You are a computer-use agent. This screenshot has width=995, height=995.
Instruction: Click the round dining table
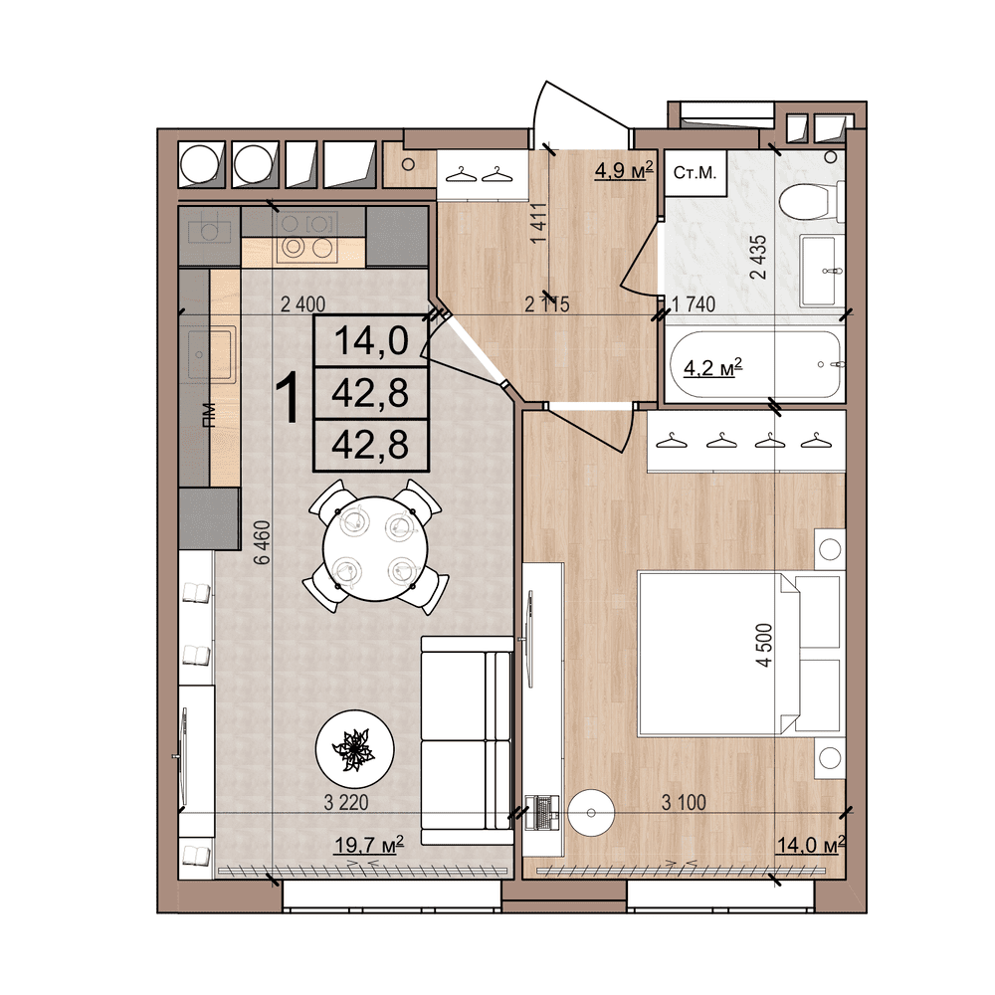[x=373, y=546]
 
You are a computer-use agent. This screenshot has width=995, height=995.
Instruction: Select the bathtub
[x=755, y=365]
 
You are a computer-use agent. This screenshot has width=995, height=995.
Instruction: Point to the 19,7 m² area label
[x=368, y=845]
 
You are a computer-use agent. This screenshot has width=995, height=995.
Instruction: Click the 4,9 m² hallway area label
[x=623, y=170]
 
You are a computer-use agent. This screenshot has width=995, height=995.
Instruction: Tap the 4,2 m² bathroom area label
[x=713, y=369]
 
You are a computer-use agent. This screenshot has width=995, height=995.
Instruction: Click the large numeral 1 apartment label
[x=288, y=398]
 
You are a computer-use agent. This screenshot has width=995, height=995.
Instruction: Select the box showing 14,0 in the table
[x=370, y=341]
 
